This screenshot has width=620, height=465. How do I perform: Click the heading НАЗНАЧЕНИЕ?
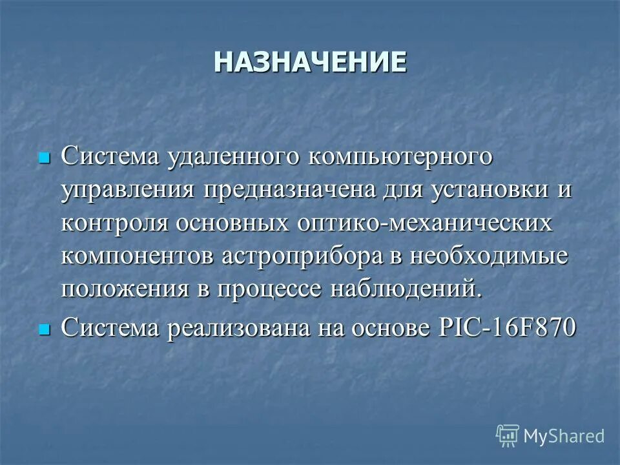[310, 63]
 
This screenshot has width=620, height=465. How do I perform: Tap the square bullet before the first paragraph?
[44, 158]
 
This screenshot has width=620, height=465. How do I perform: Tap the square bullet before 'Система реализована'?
[44, 329]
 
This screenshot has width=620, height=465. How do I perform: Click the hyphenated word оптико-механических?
[425, 223]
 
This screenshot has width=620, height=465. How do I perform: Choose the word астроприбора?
[307, 256]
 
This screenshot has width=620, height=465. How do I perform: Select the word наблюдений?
[406, 289]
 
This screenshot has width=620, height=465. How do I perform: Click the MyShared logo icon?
[508, 436]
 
